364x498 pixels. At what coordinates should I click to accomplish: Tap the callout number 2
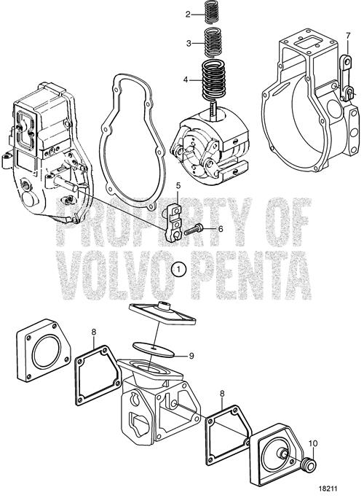point(188,14)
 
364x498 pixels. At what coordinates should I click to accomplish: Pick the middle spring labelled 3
point(213,41)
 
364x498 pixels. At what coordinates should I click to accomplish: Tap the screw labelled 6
point(194,228)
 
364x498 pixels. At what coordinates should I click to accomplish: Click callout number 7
point(348,36)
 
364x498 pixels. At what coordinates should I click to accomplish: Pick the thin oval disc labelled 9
point(154,349)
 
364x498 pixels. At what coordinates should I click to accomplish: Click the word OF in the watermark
point(283,222)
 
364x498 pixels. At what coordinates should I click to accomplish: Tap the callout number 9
point(191,356)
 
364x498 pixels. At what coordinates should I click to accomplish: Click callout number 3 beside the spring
point(189,43)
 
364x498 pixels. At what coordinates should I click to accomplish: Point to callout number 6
point(221,229)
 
